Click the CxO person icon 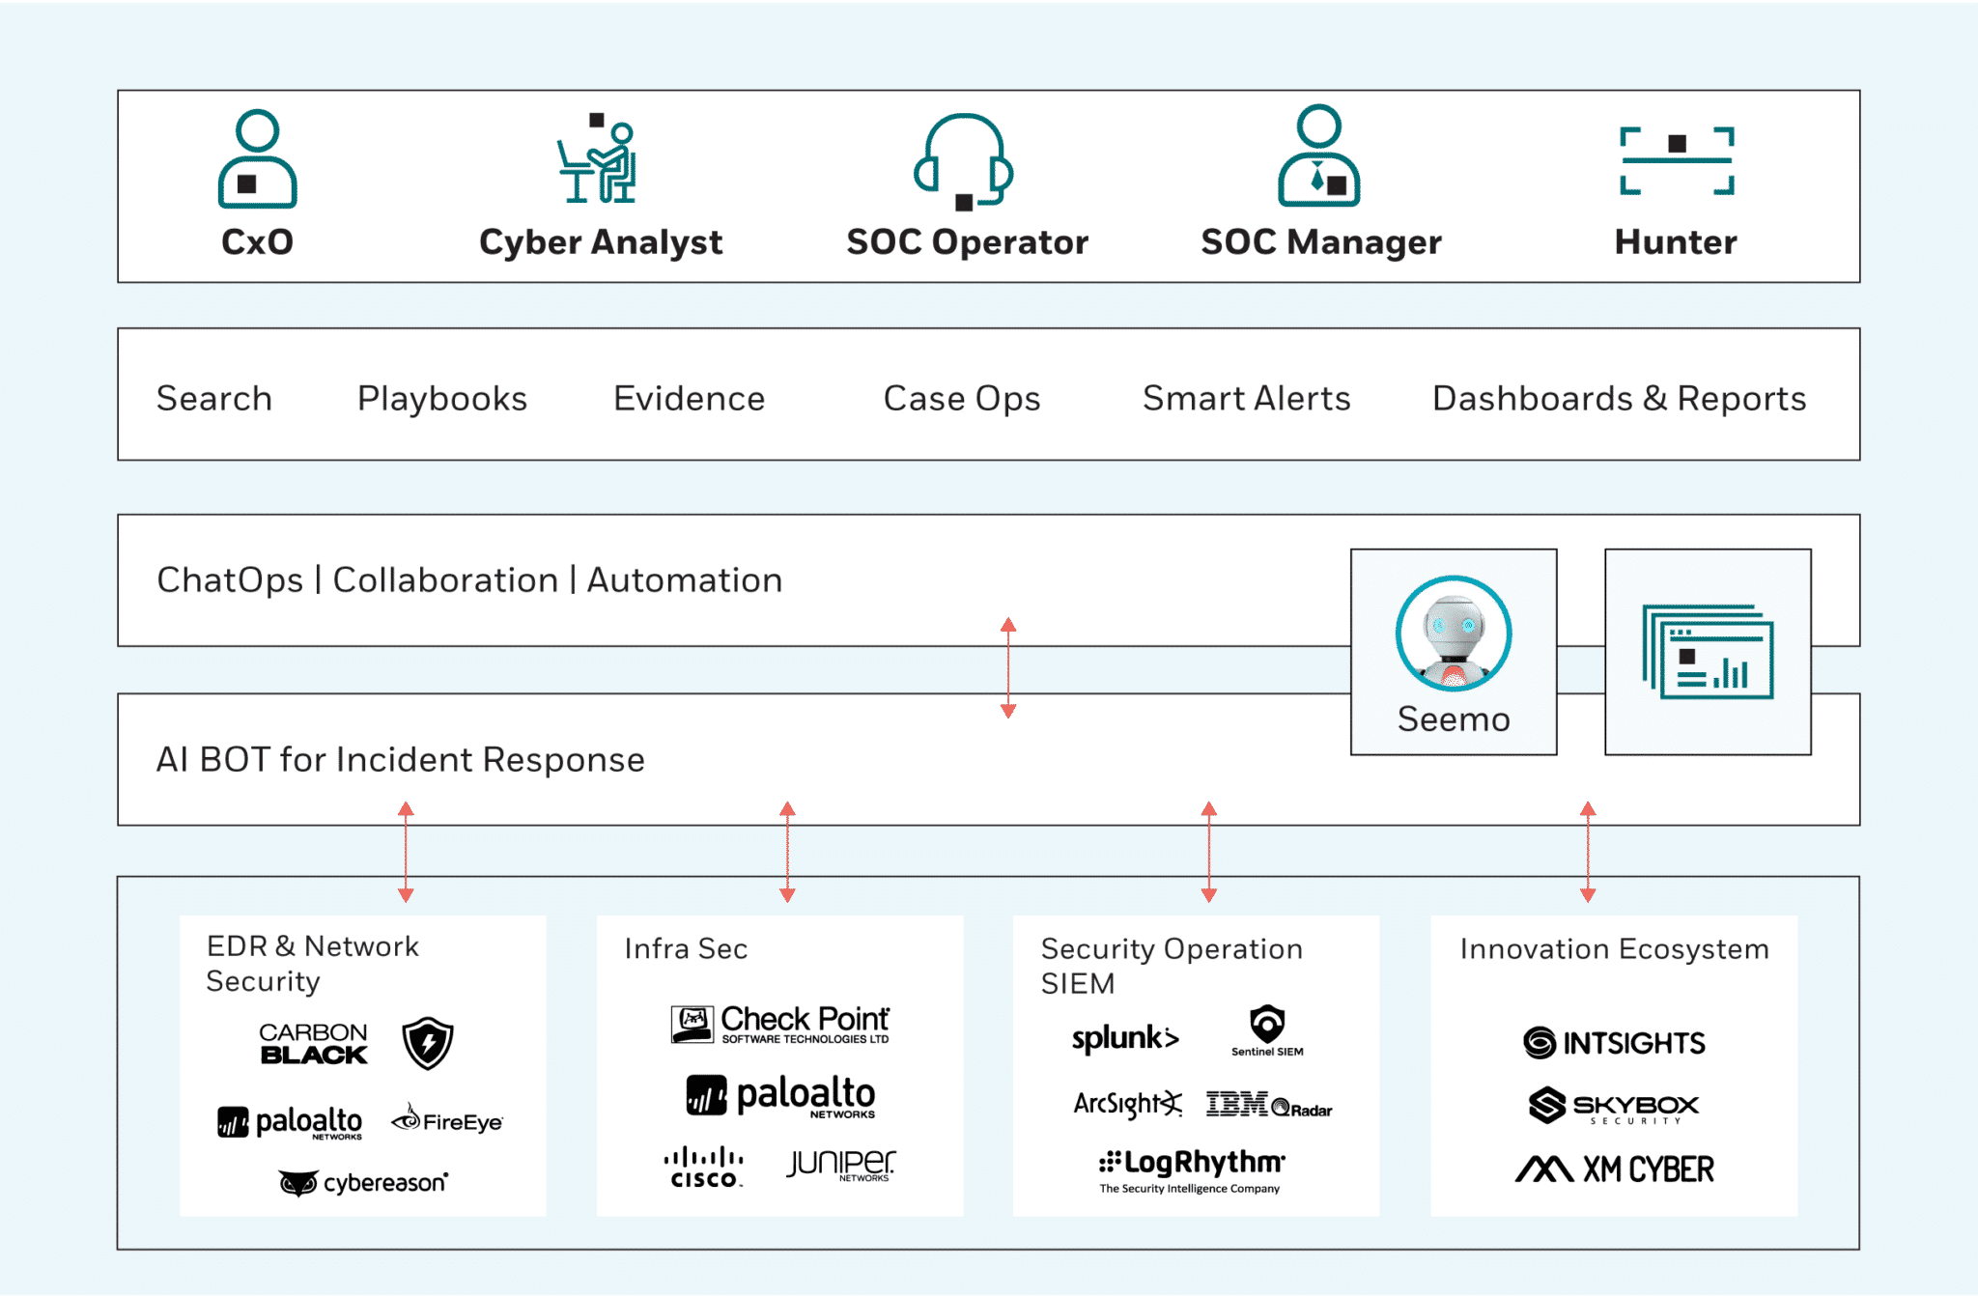coord(257,159)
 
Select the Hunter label coord(1676,241)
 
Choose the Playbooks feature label coord(442,399)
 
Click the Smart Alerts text coord(1246,399)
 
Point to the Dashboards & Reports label coord(1619,399)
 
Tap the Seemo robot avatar coord(1454,634)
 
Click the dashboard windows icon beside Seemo coord(1708,652)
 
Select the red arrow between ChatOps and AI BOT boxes coord(1008,668)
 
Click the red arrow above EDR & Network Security coord(406,852)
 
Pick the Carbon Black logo coord(313,1044)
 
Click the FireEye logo coord(447,1120)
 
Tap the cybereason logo coord(363,1183)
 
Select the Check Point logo coord(780,1024)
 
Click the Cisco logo coord(704,1167)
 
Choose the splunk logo coord(1125,1038)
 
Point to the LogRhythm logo coord(1192,1169)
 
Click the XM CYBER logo coord(1615,1169)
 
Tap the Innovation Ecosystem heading coord(1614,949)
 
